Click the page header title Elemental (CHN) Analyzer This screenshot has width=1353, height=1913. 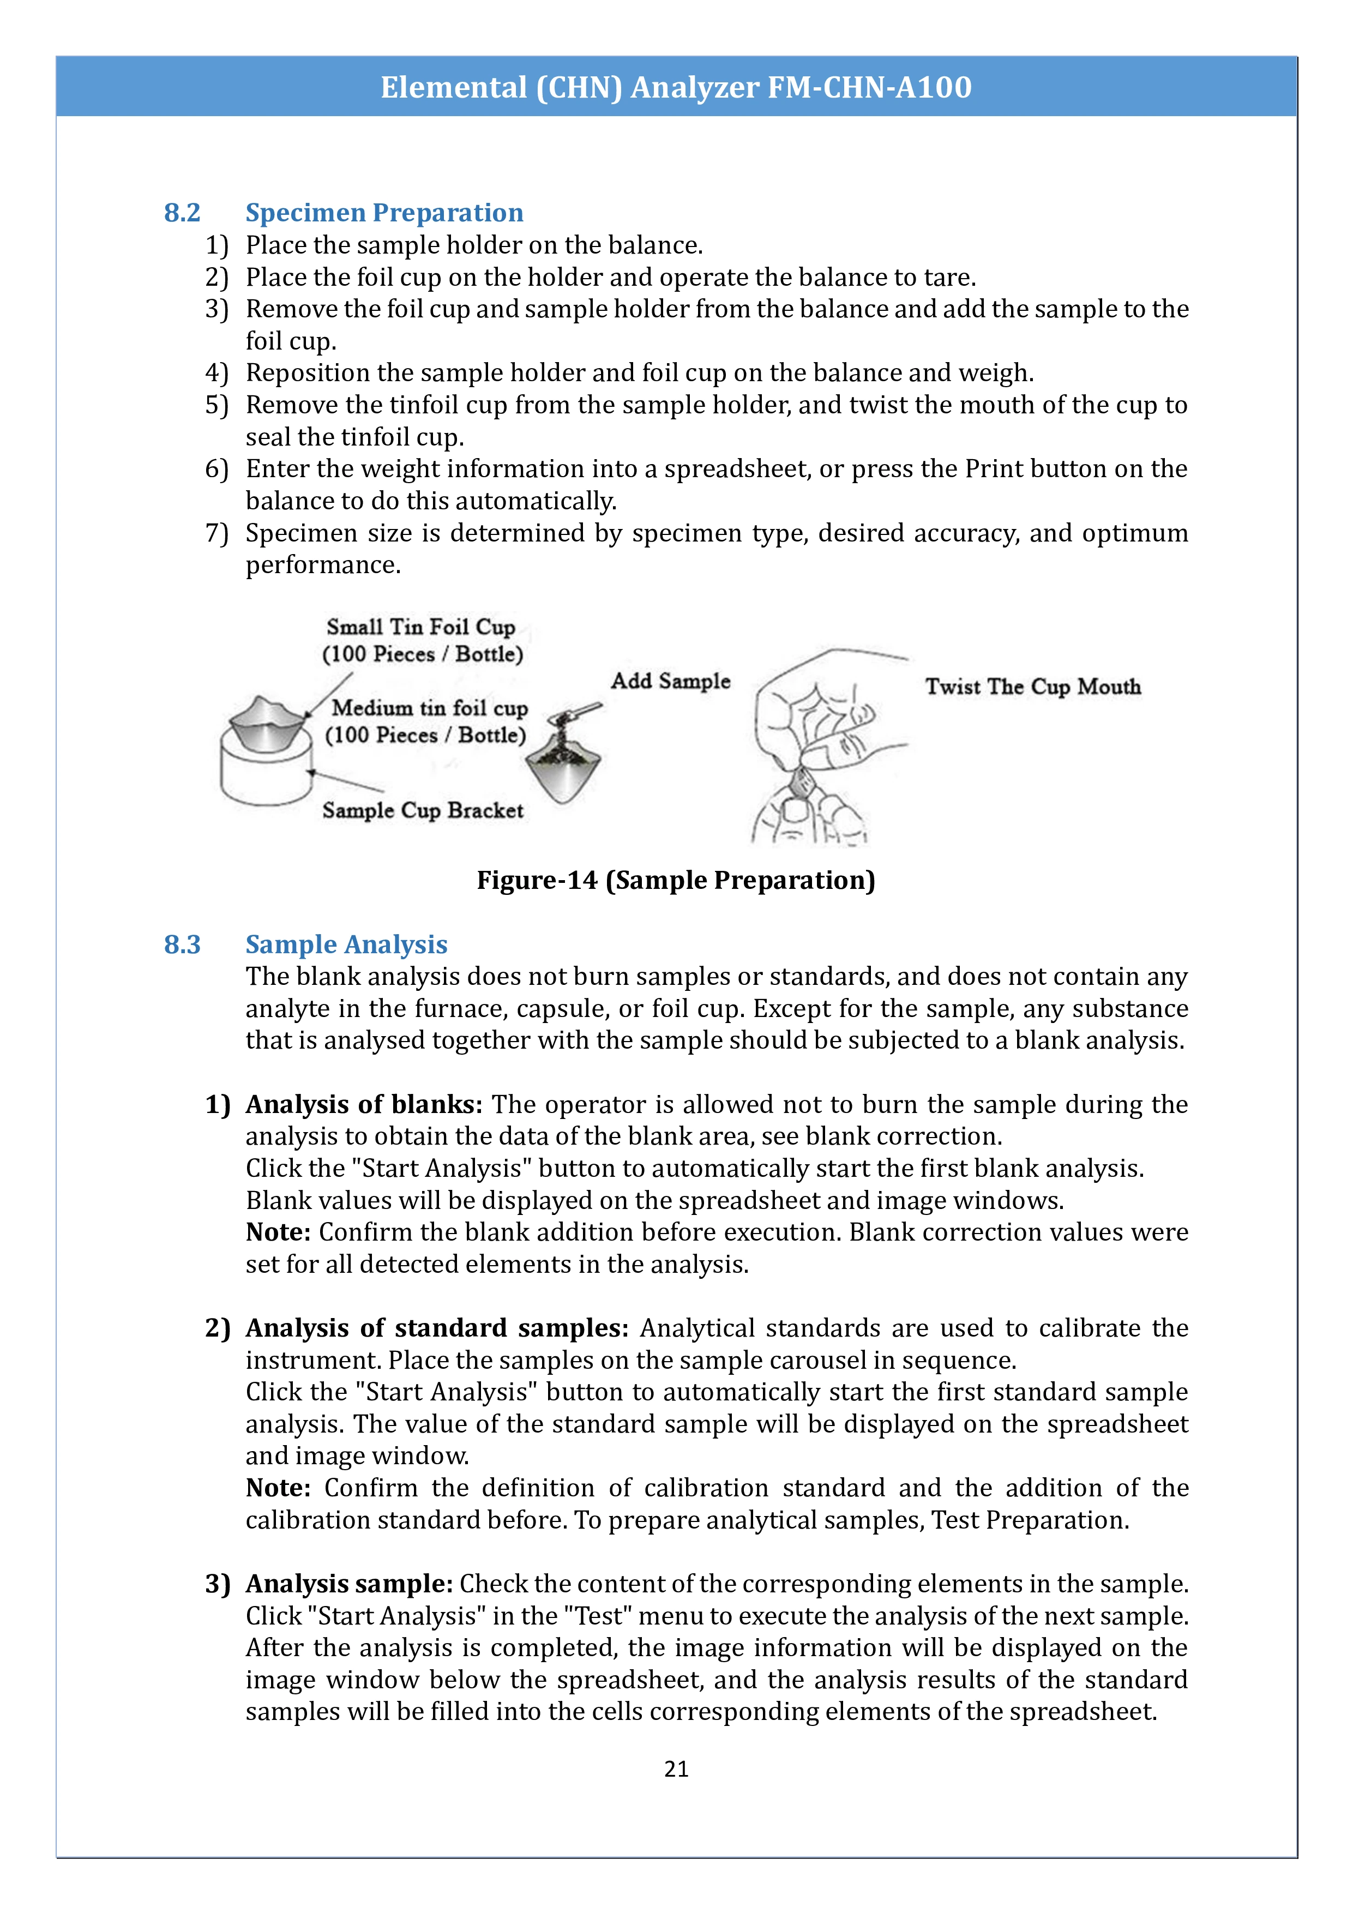pyautogui.click(x=676, y=87)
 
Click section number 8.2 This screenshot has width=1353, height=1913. pyautogui.click(x=182, y=213)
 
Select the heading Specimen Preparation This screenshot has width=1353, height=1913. pyautogui.click(x=384, y=213)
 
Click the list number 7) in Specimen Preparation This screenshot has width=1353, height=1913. pyautogui.click(x=217, y=533)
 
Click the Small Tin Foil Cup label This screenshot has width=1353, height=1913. pyautogui.click(x=420, y=627)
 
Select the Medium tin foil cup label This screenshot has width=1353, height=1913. pyautogui.click(x=429, y=708)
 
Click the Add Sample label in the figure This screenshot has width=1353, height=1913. pyautogui.click(x=670, y=681)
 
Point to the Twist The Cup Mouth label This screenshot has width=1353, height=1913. pyautogui.click(x=1032, y=687)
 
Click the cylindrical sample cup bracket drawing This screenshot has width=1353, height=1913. pyautogui.click(x=265, y=771)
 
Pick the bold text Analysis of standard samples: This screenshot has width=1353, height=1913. pyautogui.click(x=437, y=1327)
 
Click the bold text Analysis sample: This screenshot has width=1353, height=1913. pyautogui.click(x=349, y=1583)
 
